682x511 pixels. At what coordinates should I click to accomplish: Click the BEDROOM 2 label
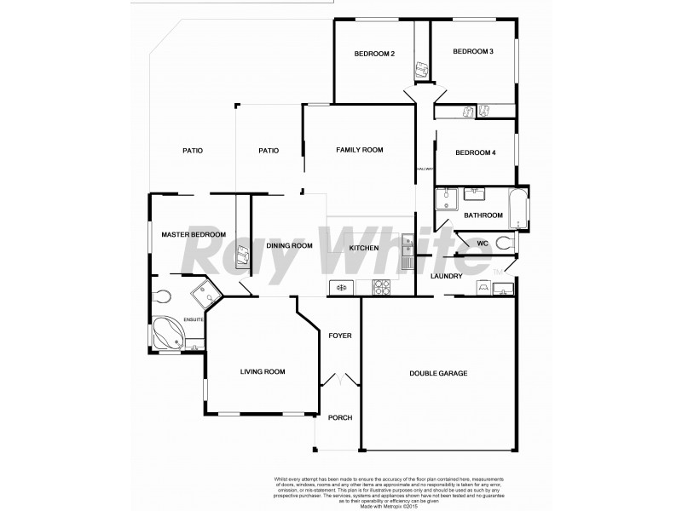pyautogui.click(x=374, y=54)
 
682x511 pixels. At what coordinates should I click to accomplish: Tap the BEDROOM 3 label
pyautogui.click(x=473, y=52)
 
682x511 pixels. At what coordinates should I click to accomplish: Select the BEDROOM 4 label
pyautogui.click(x=476, y=152)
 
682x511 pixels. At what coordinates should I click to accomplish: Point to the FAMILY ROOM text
pyautogui.click(x=359, y=150)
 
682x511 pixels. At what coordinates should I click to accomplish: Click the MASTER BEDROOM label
pyautogui.click(x=194, y=235)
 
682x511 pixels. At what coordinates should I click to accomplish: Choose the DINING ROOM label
pyautogui.click(x=290, y=246)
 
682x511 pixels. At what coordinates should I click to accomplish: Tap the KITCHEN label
pyautogui.click(x=364, y=248)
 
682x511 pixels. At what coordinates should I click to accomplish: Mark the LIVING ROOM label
pyautogui.click(x=262, y=371)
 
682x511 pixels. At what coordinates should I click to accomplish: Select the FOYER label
pyautogui.click(x=340, y=336)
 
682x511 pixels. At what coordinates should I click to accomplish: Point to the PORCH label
pyautogui.click(x=340, y=417)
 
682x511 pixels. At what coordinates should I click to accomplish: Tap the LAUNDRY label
pyautogui.click(x=447, y=276)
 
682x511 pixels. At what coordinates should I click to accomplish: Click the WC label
pyautogui.click(x=482, y=244)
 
